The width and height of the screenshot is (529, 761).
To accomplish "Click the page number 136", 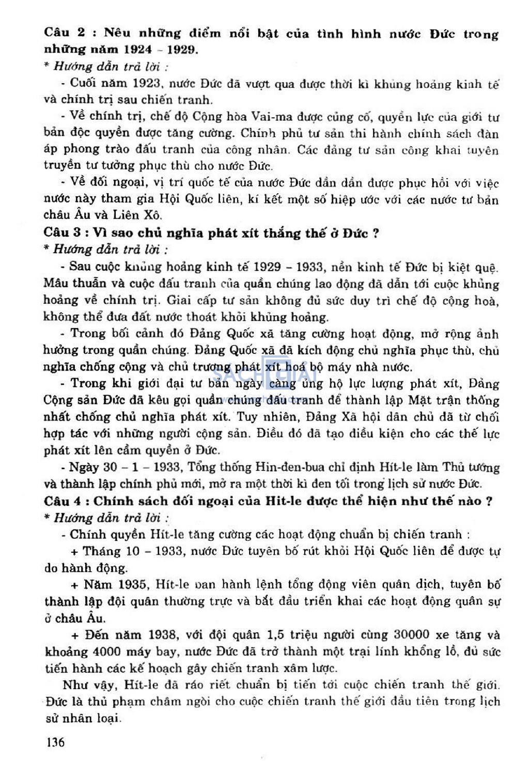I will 55,742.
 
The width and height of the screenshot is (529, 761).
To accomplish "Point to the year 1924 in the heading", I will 137,50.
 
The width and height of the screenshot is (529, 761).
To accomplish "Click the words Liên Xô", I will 140,215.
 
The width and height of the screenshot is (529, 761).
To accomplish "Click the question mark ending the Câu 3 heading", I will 376,232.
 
